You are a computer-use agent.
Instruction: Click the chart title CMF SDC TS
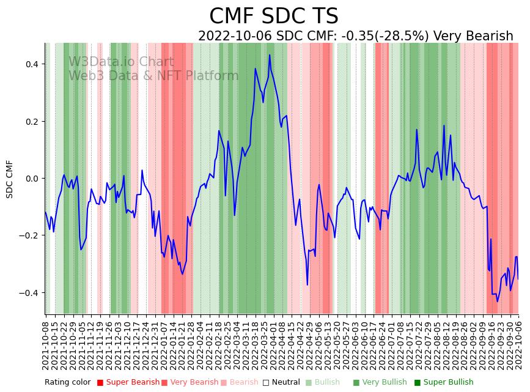coord(273,17)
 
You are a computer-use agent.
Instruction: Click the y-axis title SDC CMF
coord(10,179)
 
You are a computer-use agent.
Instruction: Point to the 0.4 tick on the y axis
coord(32,64)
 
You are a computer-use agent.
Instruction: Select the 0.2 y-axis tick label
coord(32,122)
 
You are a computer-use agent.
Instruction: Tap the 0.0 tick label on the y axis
coord(32,179)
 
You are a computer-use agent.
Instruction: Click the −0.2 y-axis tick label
coord(29,236)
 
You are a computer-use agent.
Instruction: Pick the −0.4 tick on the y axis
coord(29,293)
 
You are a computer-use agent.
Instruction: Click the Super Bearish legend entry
coord(128,383)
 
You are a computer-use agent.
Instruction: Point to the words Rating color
coord(67,383)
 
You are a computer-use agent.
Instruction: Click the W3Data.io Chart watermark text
coord(121,62)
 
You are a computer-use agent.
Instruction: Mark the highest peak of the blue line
coord(270,55)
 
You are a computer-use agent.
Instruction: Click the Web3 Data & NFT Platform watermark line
coord(153,76)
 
